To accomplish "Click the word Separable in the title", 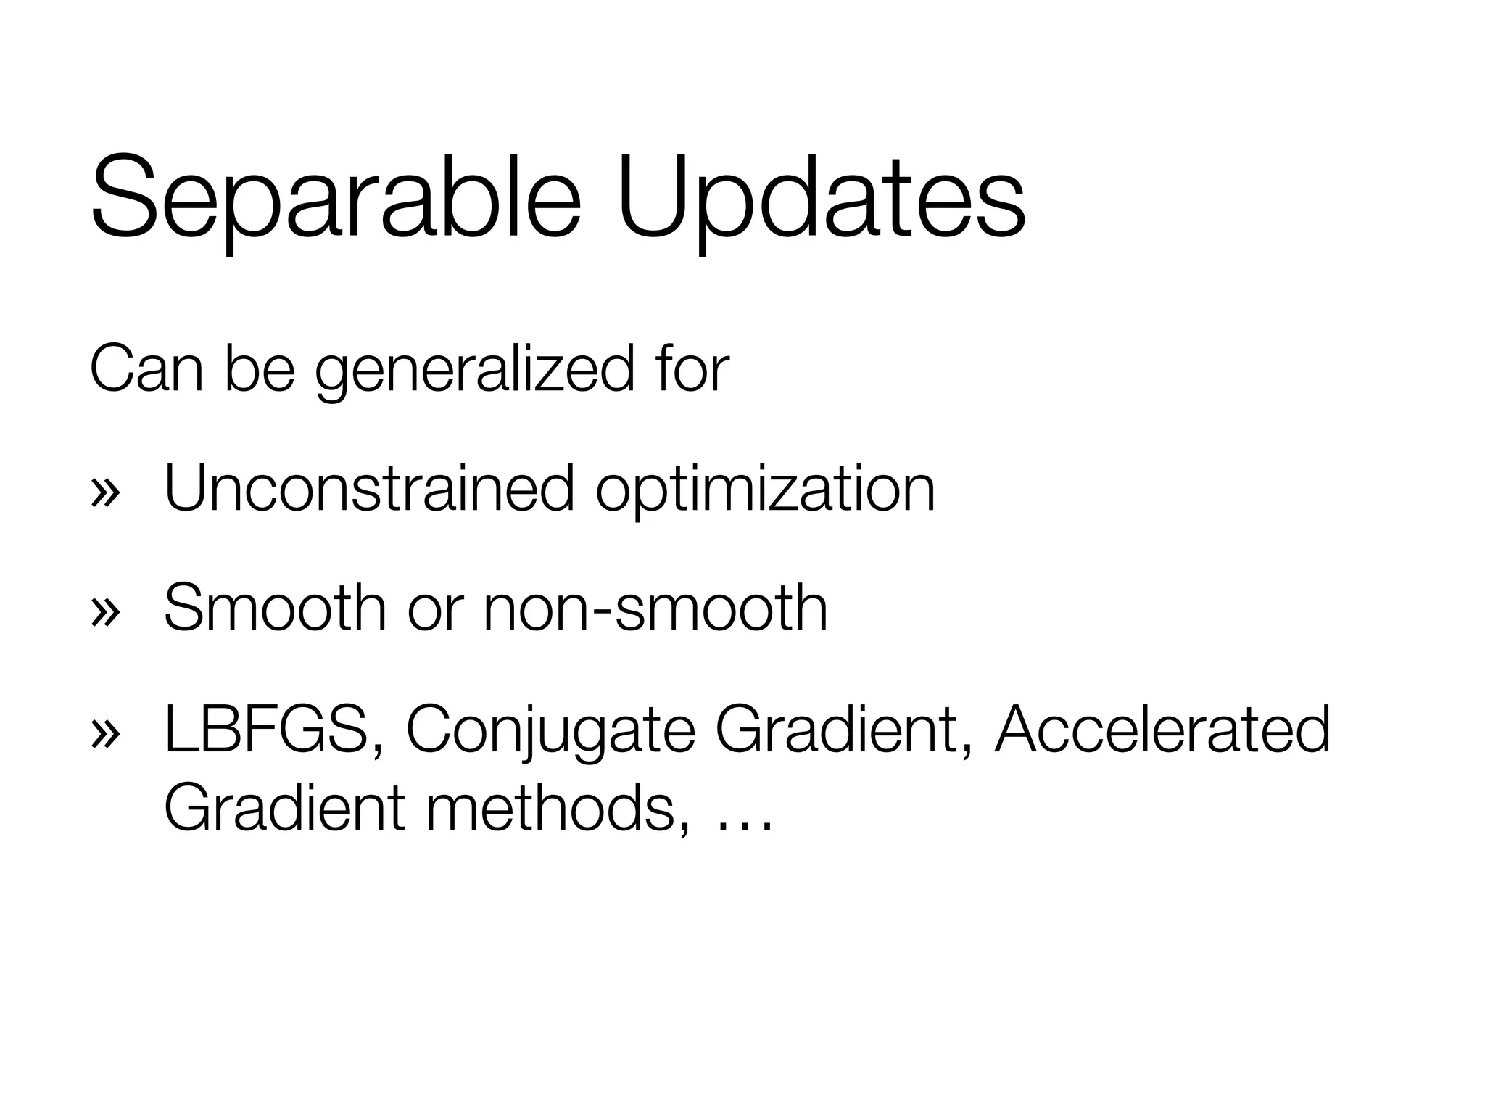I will click(336, 197).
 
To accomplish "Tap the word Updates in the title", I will click(822, 197).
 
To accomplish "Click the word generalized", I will click(475, 371).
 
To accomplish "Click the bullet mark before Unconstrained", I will click(105, 492).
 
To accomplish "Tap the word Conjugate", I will click(550, 731).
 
